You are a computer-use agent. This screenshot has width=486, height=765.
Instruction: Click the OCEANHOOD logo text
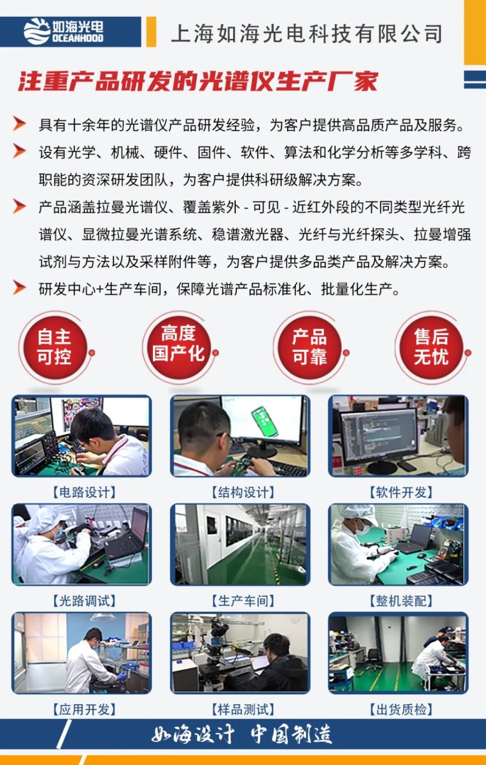77,38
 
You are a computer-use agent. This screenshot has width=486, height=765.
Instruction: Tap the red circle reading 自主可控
55,348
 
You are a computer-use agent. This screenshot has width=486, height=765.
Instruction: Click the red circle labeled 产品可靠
309,348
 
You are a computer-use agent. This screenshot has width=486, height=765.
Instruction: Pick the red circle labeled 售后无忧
431,348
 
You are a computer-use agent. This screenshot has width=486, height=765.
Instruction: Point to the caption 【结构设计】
243,492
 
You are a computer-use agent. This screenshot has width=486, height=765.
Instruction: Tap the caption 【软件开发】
401,492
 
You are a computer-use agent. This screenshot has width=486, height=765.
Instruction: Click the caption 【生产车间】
243,601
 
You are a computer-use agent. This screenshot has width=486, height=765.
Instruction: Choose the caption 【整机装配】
401,601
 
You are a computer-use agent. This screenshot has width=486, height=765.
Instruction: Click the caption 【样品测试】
243,710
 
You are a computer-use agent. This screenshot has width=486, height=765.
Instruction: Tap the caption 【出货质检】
401,710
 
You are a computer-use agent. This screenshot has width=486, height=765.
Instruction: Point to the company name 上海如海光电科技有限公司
307,33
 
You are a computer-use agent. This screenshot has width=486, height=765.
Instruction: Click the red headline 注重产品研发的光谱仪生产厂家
198,81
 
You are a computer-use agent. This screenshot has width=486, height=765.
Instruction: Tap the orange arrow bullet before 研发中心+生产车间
19,287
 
